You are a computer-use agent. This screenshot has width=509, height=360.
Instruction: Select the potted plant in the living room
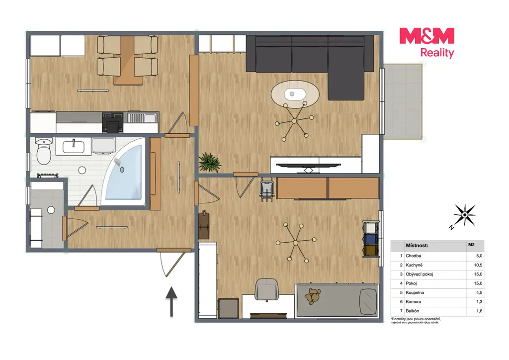pyautogui.click(x=209, y=162)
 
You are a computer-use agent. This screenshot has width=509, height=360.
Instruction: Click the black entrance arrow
pyautogui.click(x=171, y=301)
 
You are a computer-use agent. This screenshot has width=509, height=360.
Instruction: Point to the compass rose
pyautogui.click(x=464, y=215)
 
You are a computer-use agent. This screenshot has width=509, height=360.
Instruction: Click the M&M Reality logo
pyautogui.click(x=427, y=43)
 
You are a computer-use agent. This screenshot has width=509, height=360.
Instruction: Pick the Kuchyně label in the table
pyautogui.click(x=414, y=265)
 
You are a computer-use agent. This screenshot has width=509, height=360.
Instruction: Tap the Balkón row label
pyautogui.click(x=412, y=311)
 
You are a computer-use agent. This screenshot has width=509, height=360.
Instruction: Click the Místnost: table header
pyautogui.click(x=417, y=246)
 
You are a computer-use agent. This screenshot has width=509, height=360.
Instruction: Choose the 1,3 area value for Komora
pyautogui.click(x=479, y=301)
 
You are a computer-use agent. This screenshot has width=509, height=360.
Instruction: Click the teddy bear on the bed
pyautogui.click(x=312, y=296)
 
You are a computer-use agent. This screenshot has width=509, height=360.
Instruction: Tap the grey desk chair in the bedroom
pyautogui.click(x=266, y=289)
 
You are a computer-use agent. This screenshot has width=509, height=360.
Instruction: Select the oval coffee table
pyautogui.click(x=295, y=94)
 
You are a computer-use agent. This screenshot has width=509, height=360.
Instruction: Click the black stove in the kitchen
pyautogui.click(x=113, y=122)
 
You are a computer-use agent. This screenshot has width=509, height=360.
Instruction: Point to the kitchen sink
pyautogui.click(x=142, y=117)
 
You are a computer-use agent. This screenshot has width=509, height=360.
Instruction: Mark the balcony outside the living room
pyautogui.click(x=403, y=101)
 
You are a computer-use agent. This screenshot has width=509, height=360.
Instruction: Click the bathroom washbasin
pyautogui.click(x=74, y=147)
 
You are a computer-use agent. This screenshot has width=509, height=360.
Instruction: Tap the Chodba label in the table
pyautogui.click(x=413, y=256)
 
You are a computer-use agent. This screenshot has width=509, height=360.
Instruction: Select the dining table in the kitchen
pyautogui.click(x=128, y=60)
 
